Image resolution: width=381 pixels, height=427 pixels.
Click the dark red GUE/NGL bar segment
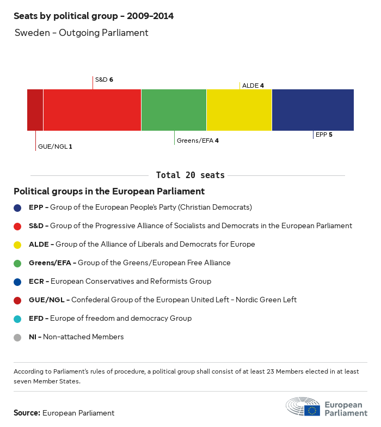[x=35, y=110]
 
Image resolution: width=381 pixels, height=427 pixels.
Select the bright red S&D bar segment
[x=92, y=110]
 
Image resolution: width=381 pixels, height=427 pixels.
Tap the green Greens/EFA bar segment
[x=174, y=110]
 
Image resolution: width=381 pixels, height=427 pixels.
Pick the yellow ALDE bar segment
[x=239, y=110]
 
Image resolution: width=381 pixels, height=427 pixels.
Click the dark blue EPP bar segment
[x=312, y=110]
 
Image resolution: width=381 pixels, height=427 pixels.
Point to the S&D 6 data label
[x=104, y=80]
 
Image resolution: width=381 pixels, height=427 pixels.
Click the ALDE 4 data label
[x=253, y=86]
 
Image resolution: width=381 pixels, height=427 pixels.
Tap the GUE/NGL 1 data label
[x=55, y=147]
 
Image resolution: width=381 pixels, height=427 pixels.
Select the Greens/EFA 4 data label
[x=198, y=141]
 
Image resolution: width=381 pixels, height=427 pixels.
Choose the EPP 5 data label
[x=324, y=134]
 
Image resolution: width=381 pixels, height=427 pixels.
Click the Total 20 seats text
[x=190, y=175]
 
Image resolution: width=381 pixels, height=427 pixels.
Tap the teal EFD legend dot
[x=18, y=319]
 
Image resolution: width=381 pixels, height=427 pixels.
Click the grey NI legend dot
[x=18, y=337]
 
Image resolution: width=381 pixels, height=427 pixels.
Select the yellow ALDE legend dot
[x=18, y=245]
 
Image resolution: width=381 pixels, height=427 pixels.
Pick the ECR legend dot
[x=18, y=282]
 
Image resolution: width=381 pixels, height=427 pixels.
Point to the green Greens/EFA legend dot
[x=18, y=263]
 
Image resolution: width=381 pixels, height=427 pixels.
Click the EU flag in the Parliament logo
[x=312, y=410]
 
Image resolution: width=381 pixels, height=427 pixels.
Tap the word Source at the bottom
[x=27, y=413]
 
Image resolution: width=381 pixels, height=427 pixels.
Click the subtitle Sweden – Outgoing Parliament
[x=81, y=33]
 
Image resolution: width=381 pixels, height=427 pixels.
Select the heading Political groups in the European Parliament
[x=109, y=192]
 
